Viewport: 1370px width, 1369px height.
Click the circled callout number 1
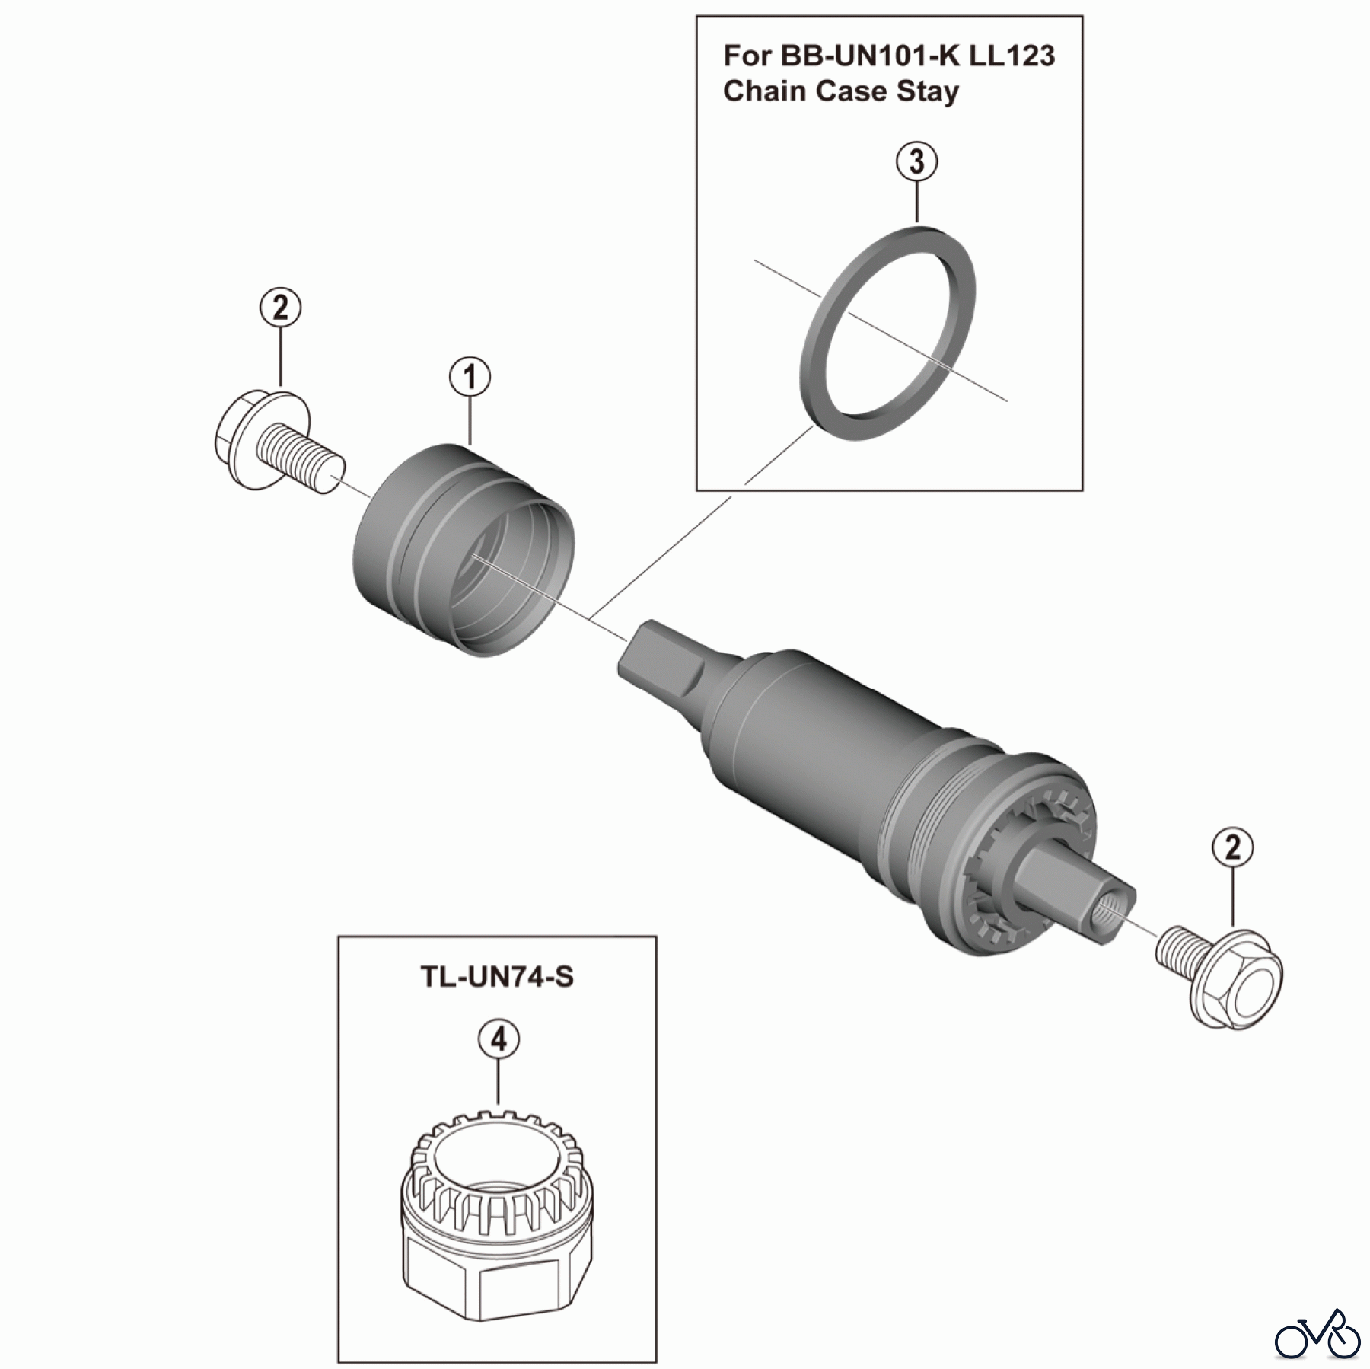click(x=470, y=378)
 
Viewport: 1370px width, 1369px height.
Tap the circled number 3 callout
click(x=916, y=162)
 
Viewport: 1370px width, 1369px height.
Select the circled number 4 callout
click(x=499, y=1039)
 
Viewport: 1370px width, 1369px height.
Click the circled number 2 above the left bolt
click(x=280, y=308)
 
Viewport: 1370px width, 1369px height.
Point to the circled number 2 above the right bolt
click(x=1233, y=847)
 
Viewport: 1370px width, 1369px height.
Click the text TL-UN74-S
click(x=497, y=976)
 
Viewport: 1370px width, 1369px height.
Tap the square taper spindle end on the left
click(x=661, y=661)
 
